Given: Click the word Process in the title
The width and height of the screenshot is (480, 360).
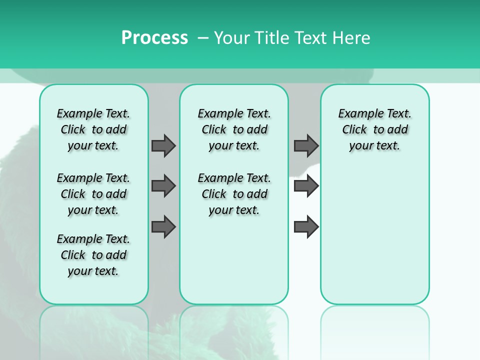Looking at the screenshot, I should [154, 38].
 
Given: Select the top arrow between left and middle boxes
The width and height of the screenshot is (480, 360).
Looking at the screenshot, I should [163, 145].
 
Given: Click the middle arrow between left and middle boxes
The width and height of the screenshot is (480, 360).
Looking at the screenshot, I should [163, 186].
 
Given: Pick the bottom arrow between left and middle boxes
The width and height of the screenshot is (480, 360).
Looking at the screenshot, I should [163, 227].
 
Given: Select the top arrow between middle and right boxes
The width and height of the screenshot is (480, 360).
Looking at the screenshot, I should [306, 145].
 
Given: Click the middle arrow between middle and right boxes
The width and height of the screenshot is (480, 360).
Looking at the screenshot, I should [306, 186].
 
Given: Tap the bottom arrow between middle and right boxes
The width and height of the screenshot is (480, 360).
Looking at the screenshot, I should [306, 227].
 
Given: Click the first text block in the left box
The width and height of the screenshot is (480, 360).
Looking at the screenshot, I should [93, 129].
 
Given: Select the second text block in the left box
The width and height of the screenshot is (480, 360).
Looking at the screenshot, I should [93, 194].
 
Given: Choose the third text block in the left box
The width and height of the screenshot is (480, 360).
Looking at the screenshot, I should [93, 255].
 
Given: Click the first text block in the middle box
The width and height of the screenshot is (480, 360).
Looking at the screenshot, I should [234, 129].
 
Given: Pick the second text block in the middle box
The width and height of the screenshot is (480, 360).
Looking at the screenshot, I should [234, 194].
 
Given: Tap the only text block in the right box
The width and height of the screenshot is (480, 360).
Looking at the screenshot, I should [374, 129].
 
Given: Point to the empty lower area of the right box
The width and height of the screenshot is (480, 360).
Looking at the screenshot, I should [374, 240].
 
